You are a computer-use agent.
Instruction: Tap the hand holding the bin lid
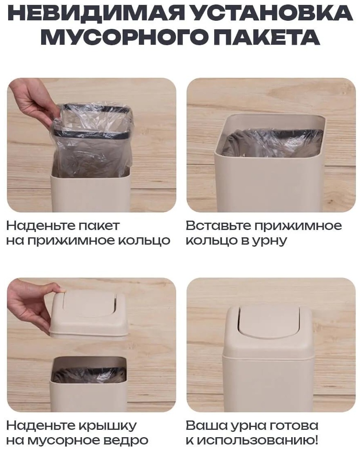(x=32, y=305)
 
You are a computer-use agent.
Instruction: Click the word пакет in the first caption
(x=94, y=226)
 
